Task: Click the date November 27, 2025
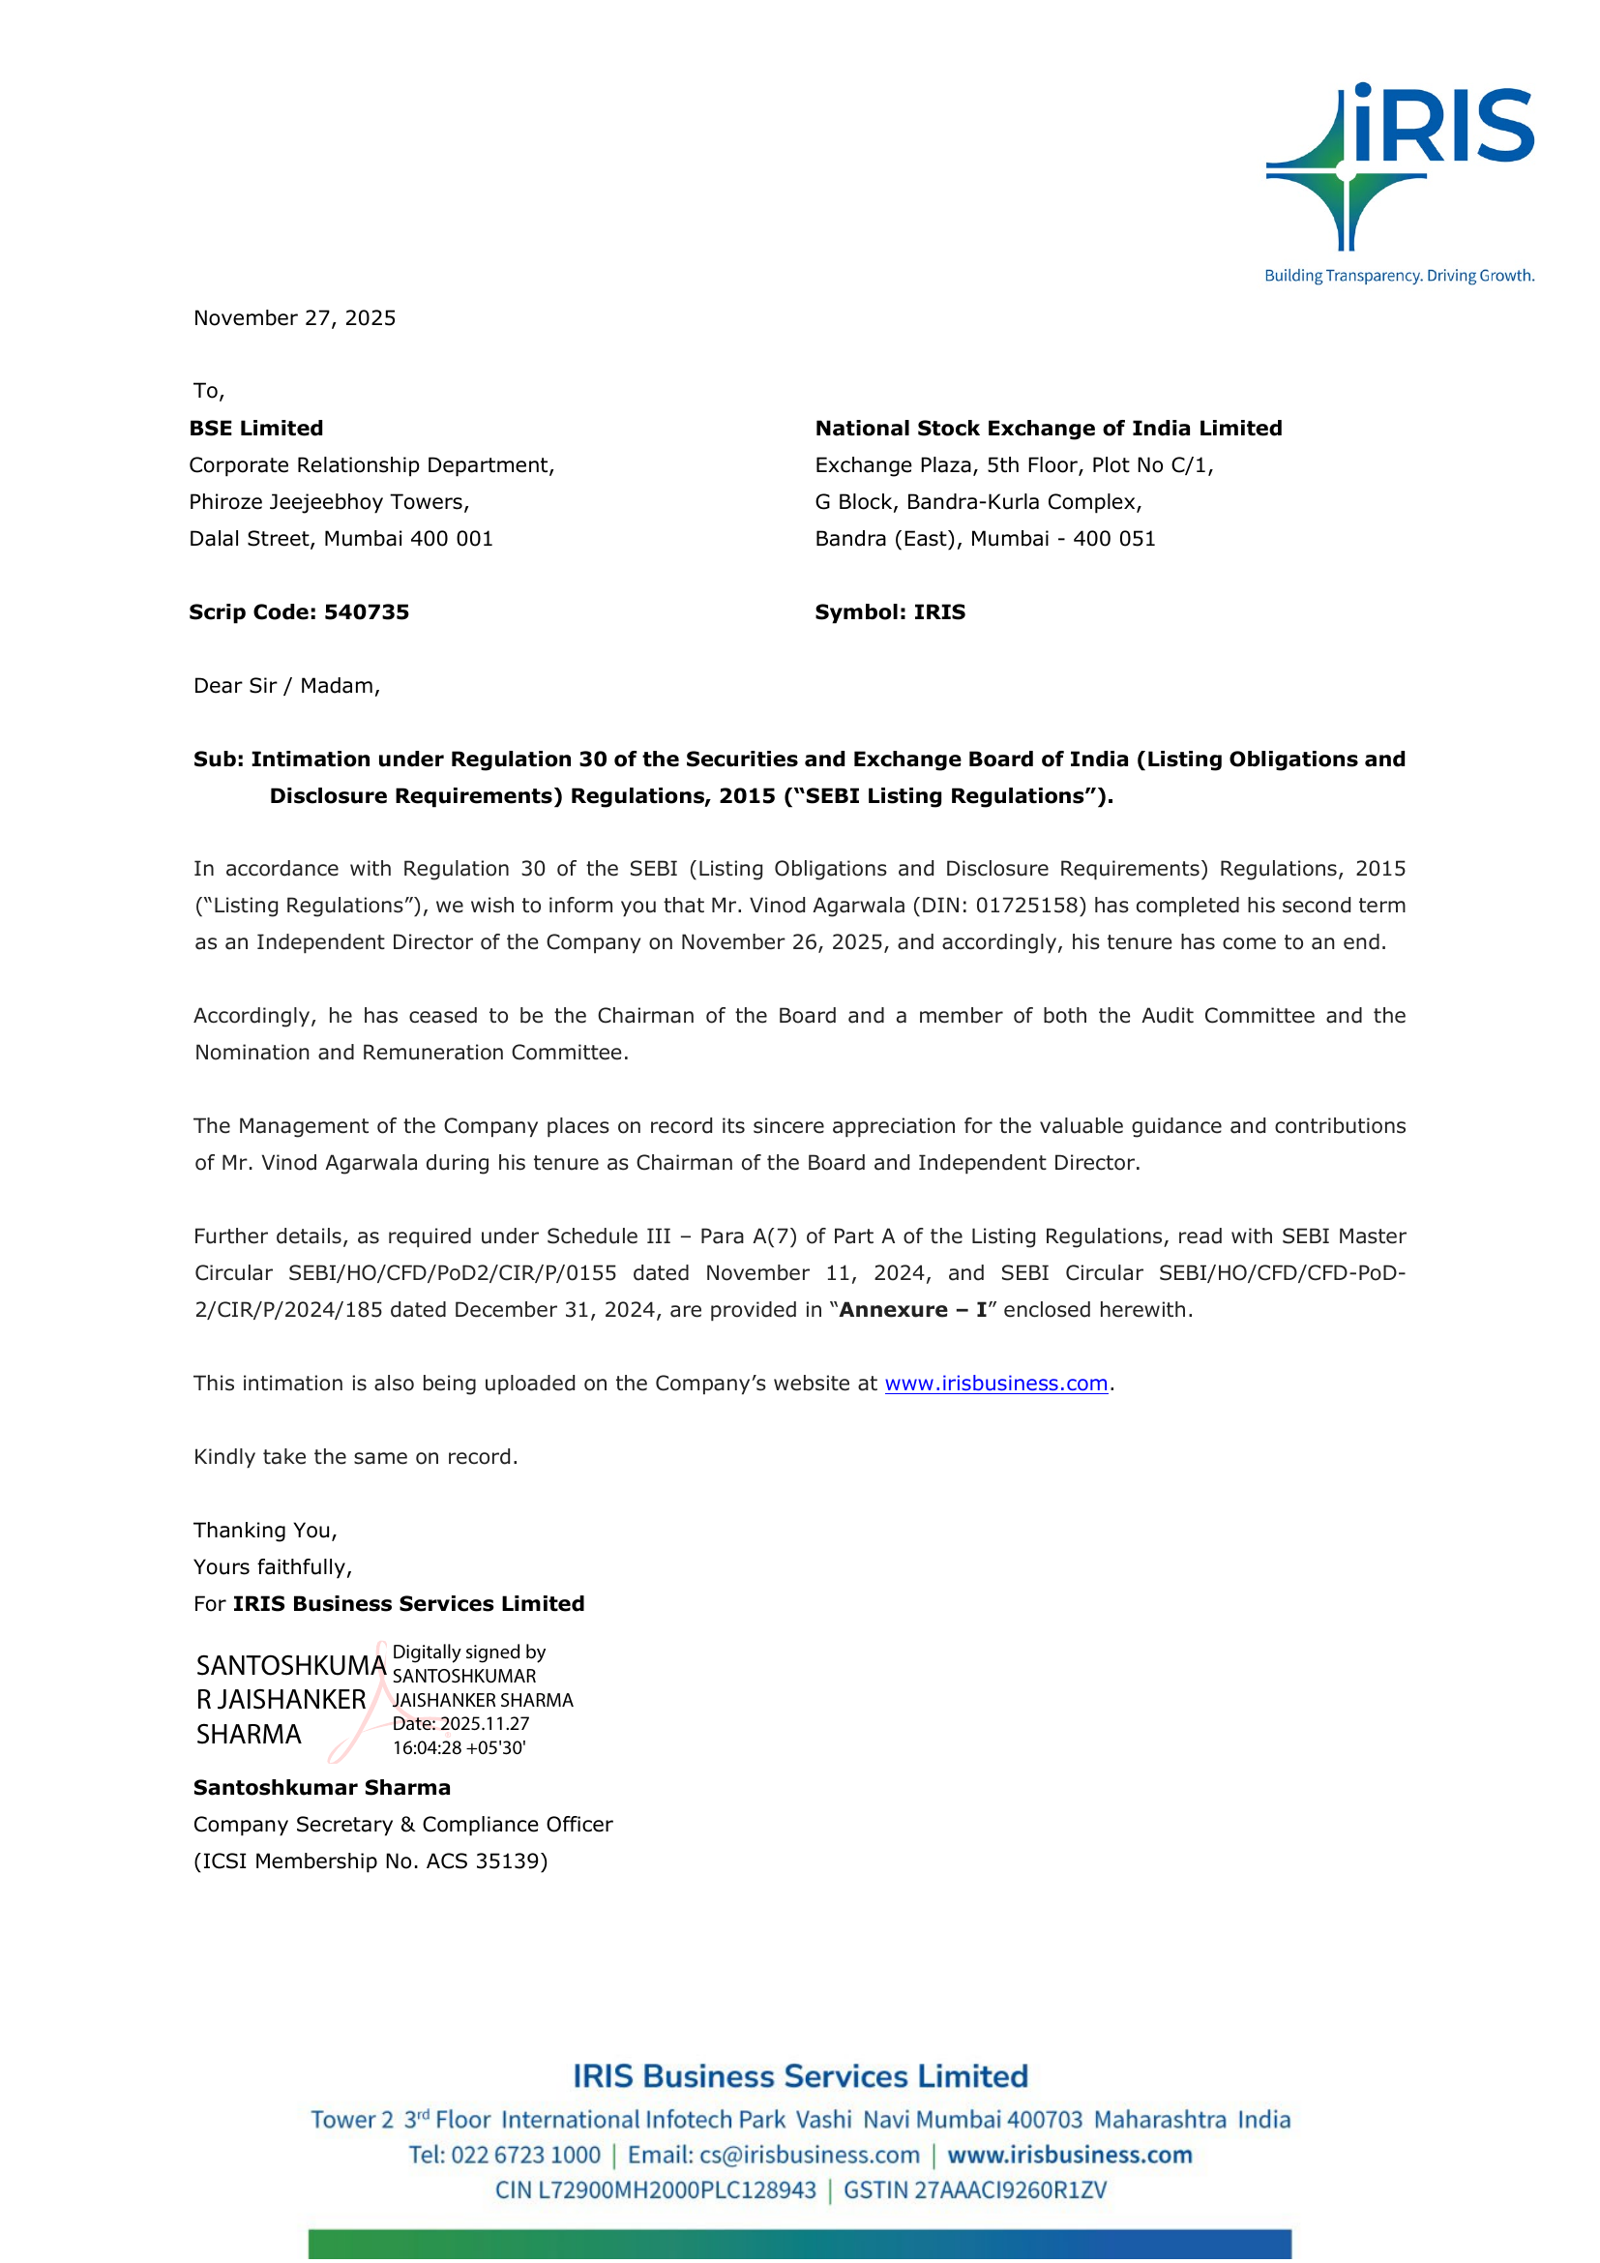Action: coord(295,318)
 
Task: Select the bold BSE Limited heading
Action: coord(256,429)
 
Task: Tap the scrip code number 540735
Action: coord(367,612)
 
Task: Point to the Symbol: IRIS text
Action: coord(890,612)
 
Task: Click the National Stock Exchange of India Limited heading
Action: coord(1049,429)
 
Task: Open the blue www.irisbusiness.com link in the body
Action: coord(996,1384)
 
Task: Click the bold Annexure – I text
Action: coord(912,1310)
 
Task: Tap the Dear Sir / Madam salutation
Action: coord(286,686)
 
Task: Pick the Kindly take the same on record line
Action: coord(356,1457)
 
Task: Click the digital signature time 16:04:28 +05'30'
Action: coord(459,1747)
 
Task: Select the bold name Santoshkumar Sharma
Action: coord(322,1788)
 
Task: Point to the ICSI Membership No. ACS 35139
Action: coord(370,1861)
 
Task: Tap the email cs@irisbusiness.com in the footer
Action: coord(809,2156)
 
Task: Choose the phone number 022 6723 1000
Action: coord(525,2156)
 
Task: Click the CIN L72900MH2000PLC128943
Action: coord(655,2190)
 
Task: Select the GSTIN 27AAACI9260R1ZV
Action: coord(975,2190)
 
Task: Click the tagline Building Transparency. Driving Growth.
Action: coord(1399,276)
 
